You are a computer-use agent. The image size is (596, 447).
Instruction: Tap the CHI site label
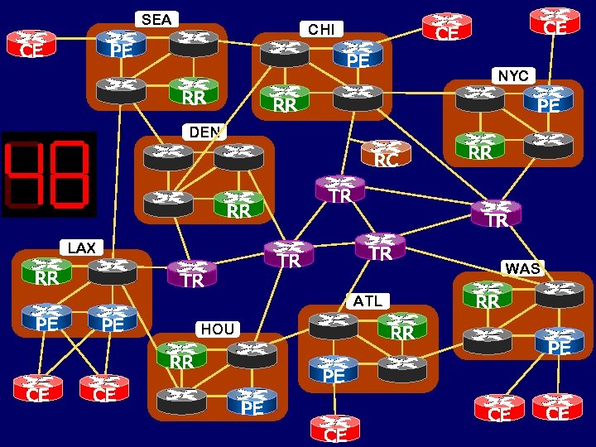point(321,30)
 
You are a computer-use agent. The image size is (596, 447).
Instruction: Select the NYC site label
point(513,75)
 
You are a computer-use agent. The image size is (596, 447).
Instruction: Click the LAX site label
point(81,248)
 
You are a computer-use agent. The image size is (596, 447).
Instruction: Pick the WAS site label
point(522,269)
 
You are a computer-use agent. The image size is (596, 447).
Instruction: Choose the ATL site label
point(368,300)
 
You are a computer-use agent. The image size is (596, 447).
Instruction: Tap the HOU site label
point(218,329)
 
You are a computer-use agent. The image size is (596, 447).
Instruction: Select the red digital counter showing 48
point(49,175)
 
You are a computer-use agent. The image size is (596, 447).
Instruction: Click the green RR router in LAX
point(46,272)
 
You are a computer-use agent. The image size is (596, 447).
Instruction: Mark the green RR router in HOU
point(181,356)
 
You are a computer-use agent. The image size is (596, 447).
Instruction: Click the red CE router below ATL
point(335,429)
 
